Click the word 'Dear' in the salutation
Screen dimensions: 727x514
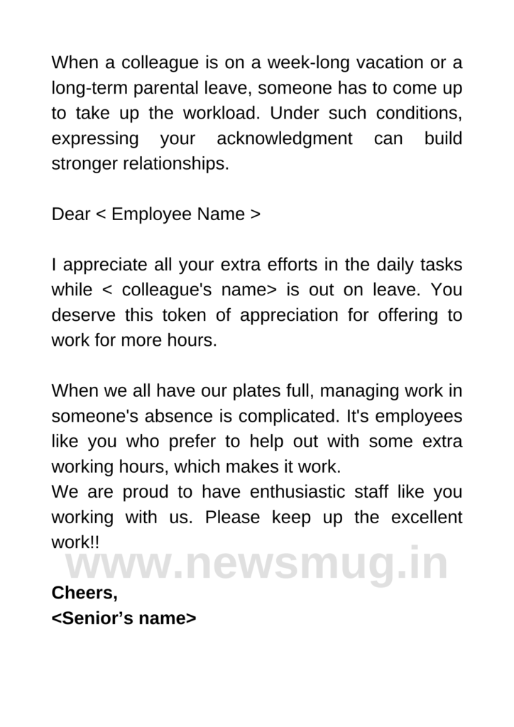[70, 214]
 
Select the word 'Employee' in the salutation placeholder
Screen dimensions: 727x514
[146, 214]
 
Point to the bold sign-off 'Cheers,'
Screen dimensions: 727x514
[84, 593]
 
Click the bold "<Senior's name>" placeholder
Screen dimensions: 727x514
[124, 618]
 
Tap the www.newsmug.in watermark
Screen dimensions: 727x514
[257, 564]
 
